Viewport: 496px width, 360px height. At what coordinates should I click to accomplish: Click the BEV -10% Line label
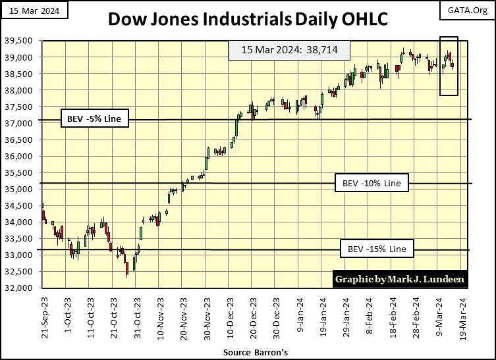point(372,182)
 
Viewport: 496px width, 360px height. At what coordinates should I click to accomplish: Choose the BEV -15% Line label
point(377,249)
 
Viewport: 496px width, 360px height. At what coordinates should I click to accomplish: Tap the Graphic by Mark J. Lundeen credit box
point(400,279)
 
